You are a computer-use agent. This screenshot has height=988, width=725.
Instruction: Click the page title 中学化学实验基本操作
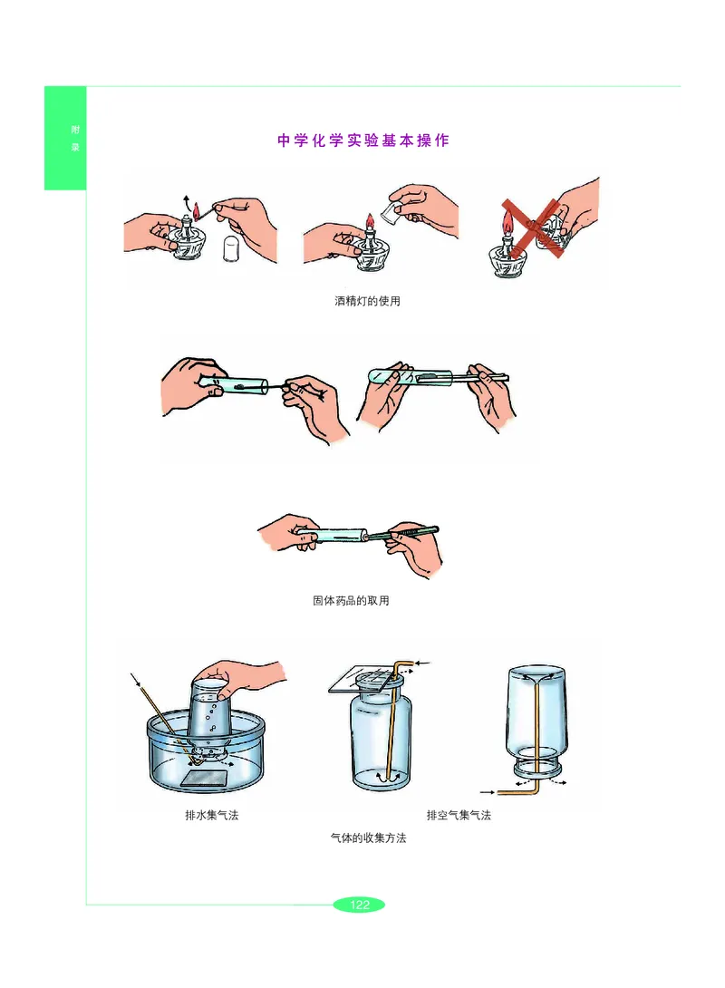(x=362, y=140)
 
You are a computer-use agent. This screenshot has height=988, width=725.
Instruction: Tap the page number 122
(x=359, y=905)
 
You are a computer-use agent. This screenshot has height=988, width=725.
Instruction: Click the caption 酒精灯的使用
(x=367, y=301)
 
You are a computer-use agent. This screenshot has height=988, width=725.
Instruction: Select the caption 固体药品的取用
(x=351, y=600)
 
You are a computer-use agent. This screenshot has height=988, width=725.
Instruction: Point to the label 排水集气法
(x=212, y=816)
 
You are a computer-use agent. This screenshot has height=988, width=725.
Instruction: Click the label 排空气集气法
(x=459, y=816)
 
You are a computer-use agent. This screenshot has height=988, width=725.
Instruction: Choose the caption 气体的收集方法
(x=369, y=838)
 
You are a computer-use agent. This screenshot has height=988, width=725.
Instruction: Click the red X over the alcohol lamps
(x=533, y=228)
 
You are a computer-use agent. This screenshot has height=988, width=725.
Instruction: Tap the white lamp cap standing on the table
(x=232, y=247)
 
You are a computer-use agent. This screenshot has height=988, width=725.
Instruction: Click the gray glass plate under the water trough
(x=204, y=778)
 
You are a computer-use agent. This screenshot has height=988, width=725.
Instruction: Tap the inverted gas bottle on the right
(x=536, y=721)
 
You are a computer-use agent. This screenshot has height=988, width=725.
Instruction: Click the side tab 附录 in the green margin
(x=75, y=138)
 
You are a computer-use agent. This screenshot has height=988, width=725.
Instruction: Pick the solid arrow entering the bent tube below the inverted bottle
(x=488, y=792)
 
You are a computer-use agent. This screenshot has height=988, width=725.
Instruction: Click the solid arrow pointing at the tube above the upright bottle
(x=423, y=663)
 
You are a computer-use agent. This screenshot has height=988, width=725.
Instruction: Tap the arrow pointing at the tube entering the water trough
(x=136, y=680)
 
